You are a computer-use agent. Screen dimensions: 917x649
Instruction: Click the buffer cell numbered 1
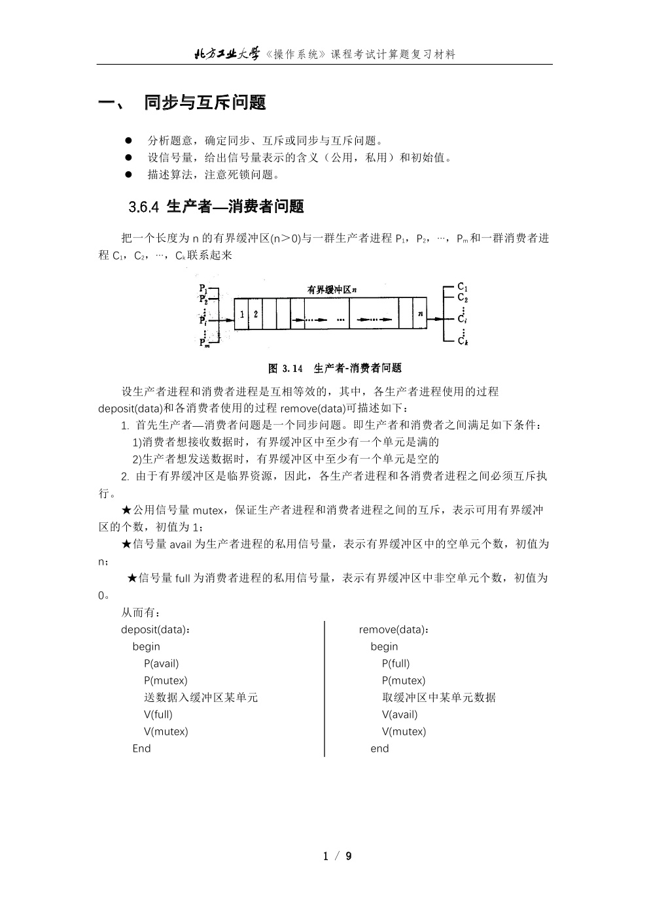(242, 314)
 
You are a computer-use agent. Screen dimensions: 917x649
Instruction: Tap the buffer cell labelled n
(421, 314)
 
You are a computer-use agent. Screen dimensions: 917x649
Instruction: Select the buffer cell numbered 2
(256, 314)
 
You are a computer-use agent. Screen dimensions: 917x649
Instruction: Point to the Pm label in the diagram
(205, 342)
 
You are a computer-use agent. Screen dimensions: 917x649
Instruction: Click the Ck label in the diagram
(463, 341)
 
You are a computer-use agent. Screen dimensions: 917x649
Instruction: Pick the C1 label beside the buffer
(463, 287)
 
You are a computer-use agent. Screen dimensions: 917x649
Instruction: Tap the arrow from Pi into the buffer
(223, 320)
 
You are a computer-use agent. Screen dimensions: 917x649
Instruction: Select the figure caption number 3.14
(292, 368)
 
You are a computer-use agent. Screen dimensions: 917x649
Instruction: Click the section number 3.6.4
(144, 207)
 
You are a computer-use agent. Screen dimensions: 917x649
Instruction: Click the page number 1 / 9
(338, 856)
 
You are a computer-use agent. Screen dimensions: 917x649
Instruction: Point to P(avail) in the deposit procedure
(161, 663)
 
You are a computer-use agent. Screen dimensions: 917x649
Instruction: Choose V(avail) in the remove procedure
(400, 714)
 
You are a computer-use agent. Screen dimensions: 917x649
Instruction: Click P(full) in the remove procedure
(396, 663)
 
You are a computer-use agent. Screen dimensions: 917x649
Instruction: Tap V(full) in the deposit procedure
(158, 714)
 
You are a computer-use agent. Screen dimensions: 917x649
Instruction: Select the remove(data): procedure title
(394, 629)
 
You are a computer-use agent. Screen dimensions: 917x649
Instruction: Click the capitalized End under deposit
(141, 748)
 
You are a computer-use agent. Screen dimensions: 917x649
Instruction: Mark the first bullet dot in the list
(129, 140)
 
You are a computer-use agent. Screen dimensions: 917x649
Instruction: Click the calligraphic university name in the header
(227, 54)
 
